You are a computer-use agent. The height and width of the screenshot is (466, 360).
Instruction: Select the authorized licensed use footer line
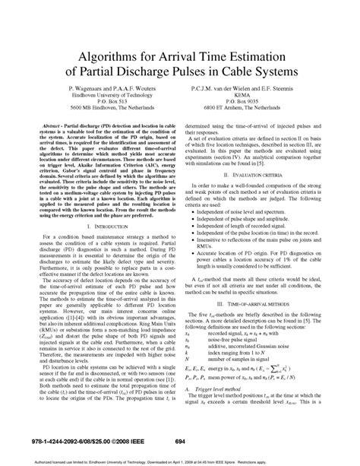pos(180,460)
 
